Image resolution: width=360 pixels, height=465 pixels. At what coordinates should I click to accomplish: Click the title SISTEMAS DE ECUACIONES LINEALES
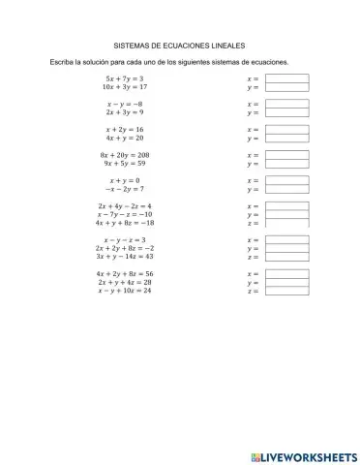180,45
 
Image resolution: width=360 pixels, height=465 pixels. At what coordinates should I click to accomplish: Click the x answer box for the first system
286,78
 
